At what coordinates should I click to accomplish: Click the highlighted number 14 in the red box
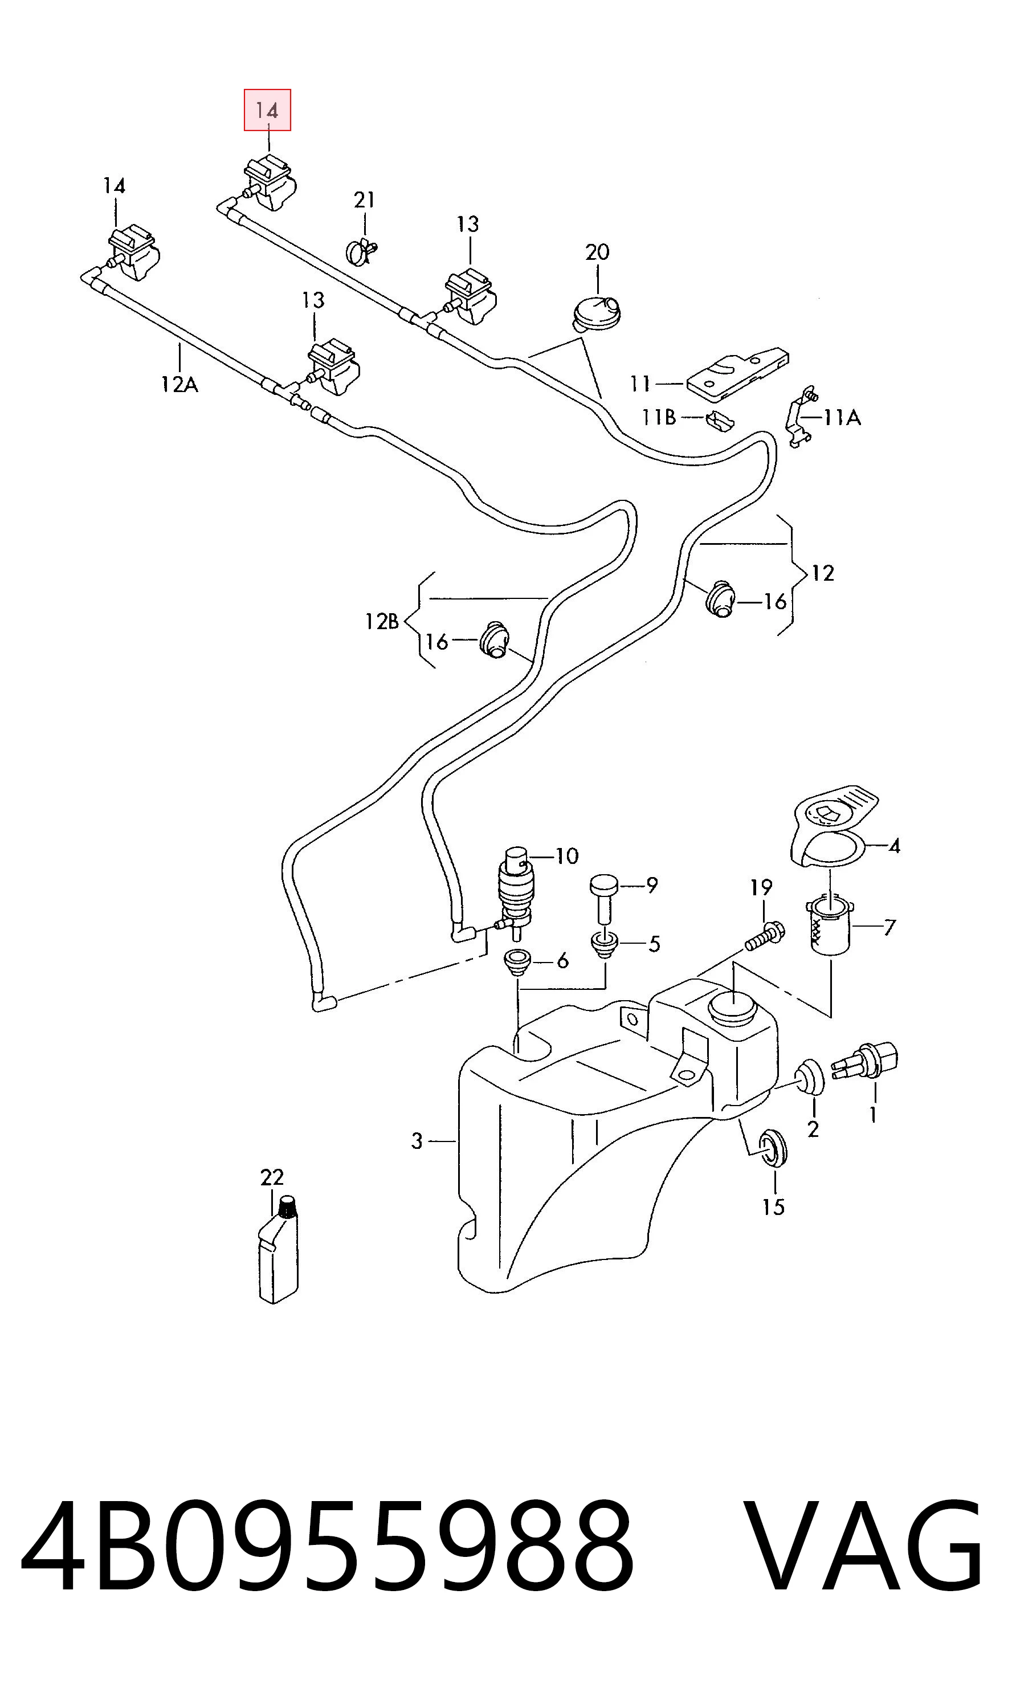click(267, 110)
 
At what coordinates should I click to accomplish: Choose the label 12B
click(382, 622)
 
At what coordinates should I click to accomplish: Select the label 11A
click(842, 417)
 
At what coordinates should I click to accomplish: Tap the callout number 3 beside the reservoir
click(417, 1140)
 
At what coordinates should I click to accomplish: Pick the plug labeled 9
click(603, 898)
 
